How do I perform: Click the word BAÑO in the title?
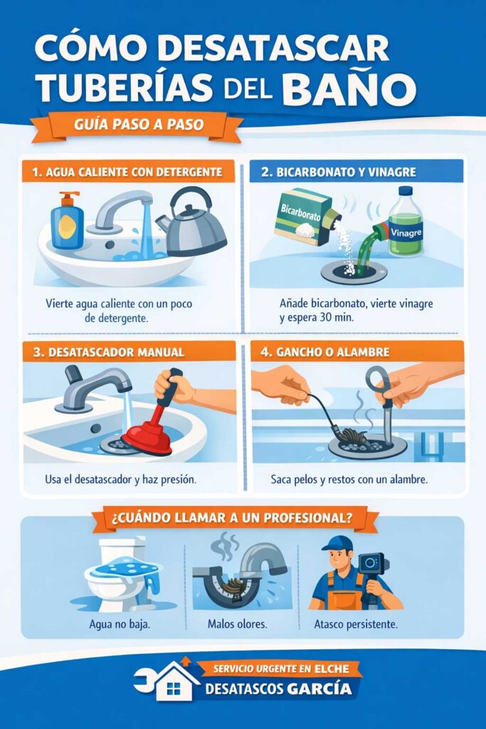click(x=349, y=89)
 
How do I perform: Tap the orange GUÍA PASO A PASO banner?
click(x=138, y=125)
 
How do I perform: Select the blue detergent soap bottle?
click(x=68, y=221)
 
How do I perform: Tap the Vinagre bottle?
click(x=406, y=223)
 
